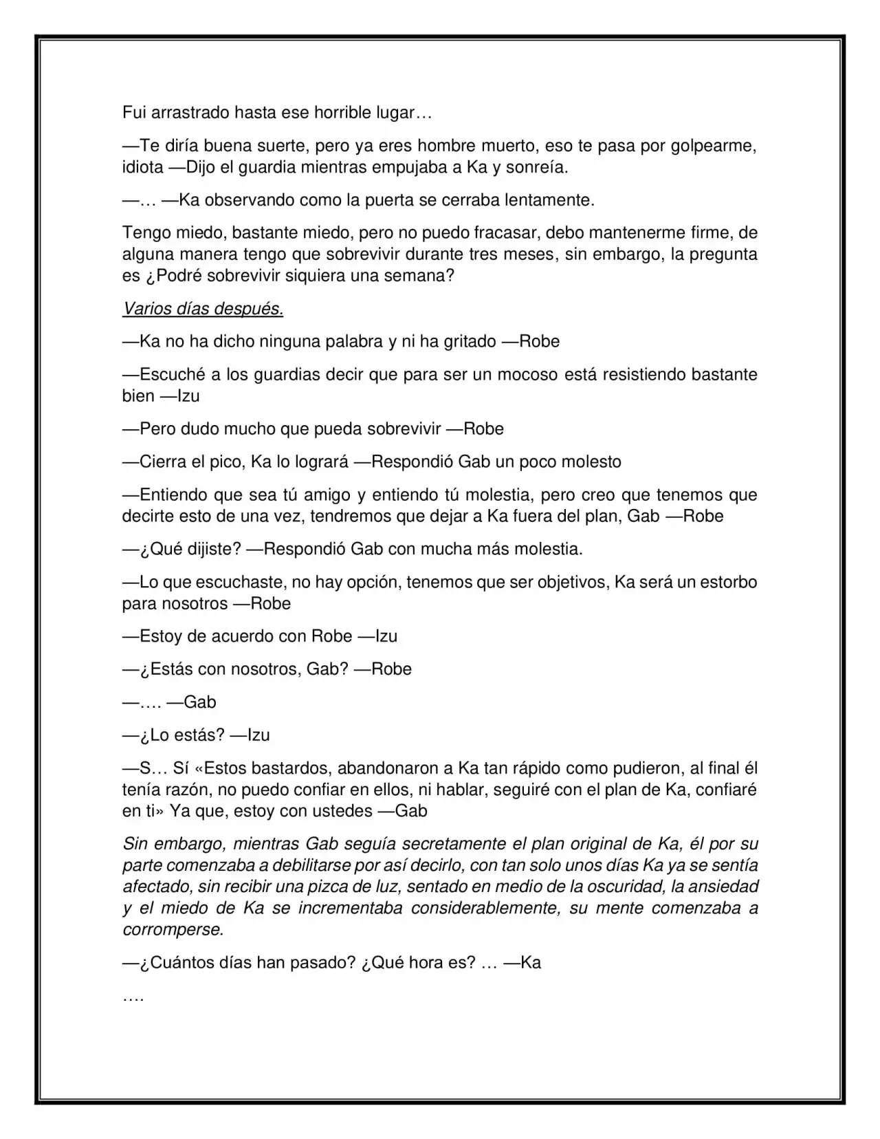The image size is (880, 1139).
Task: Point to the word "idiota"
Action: click(x=142, y=167)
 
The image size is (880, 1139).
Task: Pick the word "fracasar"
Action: click(x=506, y=233)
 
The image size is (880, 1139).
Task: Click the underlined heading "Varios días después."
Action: click(x=203, y=309)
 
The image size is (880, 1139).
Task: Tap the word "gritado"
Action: click(x=467, y=342)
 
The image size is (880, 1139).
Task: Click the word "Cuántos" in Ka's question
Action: click(x=176, y=963)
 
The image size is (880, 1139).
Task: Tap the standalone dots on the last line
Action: click(x=133, y=997)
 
